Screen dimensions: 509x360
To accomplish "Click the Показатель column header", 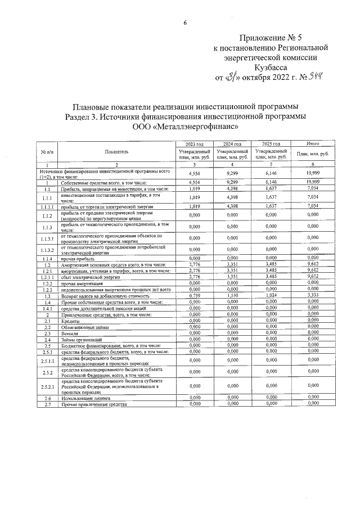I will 116,152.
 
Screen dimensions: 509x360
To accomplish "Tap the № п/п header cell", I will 47,152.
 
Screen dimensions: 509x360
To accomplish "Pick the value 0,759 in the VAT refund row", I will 194,295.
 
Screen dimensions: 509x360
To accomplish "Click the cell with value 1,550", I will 232,295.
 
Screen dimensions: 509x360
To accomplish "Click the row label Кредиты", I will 71,321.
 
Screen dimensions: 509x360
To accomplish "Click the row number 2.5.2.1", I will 47,387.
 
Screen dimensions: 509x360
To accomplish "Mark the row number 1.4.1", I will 47,308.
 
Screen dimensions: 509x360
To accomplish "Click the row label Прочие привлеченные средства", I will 91,404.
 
